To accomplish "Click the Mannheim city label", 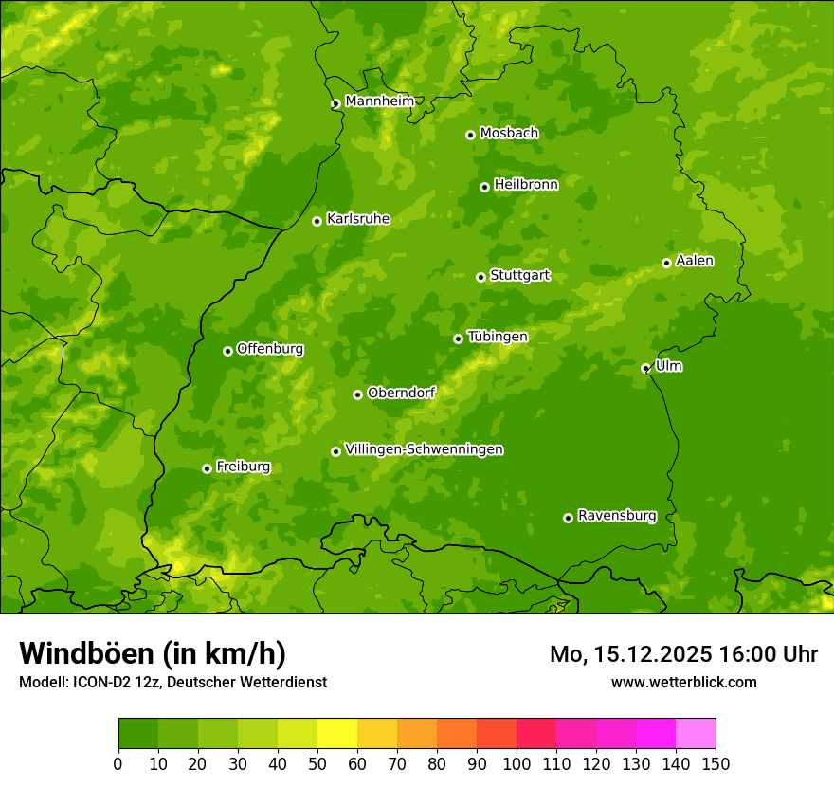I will click(379, 101).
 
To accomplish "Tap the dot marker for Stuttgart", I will click(480, 277).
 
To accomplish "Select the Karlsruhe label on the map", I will click(357, 219).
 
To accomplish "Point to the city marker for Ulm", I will click(645, 368).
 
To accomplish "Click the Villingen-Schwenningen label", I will click(424, 449).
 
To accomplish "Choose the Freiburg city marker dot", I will click(207, 468).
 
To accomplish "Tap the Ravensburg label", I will click(616, 516).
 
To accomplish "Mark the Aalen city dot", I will click(666, 263).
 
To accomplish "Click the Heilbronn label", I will click(526, 185).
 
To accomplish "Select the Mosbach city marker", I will click(470, 135).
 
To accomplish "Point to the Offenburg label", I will click(270, 349).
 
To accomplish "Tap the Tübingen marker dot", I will click(458, 339).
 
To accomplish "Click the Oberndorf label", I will click(401, 393).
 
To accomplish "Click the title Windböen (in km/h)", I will click(152, 653).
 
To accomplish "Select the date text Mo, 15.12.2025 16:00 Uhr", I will click(683, 654).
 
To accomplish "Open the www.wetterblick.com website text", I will click(683, 682).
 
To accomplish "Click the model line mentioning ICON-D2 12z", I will click(172, 682).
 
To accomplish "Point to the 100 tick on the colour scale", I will click(517, 763).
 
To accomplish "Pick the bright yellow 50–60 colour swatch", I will click(337, 734).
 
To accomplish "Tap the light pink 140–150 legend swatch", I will click(696, 734).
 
